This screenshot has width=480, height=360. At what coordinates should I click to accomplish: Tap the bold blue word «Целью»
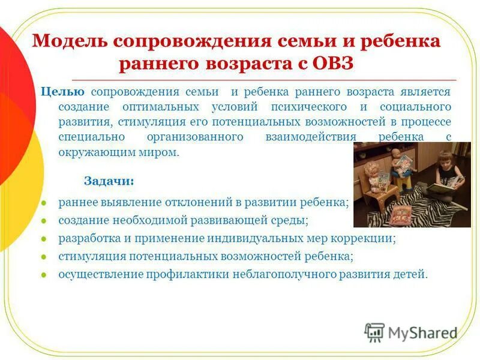coord(62,92)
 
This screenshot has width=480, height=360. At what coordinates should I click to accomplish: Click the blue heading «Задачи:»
coord(109,181)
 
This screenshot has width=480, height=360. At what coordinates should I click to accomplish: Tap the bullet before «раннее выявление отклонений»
coord(43,203)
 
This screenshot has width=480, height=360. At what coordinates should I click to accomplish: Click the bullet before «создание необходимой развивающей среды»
coord(43,221)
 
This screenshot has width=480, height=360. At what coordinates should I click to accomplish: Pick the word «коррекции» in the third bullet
coord(365,238)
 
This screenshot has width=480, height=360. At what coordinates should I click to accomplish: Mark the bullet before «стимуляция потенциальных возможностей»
coord(43,256)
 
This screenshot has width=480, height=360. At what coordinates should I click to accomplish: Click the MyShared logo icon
coord(374,332)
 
